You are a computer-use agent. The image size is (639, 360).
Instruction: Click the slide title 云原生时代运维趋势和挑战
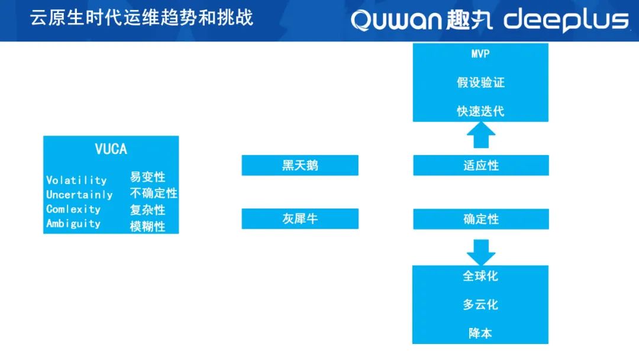pos(141,18)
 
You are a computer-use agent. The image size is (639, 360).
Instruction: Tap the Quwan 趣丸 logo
pos(422,20)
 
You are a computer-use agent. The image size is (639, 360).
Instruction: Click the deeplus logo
pos(566,20)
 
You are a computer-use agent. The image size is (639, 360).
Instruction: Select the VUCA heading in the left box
pos(111,149)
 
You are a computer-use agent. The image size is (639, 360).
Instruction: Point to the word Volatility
pos(76,180)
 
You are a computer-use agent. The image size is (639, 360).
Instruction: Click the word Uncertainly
pos(79,194)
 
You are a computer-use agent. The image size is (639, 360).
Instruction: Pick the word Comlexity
pos(73,209)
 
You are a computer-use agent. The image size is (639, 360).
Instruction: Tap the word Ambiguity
pos(73,223)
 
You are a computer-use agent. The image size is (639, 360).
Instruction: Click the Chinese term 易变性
pos(147,177)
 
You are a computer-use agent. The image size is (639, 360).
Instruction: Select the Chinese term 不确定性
pos(154,193)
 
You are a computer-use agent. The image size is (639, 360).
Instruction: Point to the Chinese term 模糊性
pos(147,226)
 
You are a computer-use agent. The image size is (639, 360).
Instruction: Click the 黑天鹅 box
pos(300,165)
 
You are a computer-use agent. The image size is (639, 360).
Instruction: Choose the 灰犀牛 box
pos(300,218)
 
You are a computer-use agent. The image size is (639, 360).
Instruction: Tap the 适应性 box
pos(481,165)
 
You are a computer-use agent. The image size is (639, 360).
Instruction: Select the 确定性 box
pos(481,219)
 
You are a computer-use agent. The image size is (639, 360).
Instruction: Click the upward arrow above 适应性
pos(481,135)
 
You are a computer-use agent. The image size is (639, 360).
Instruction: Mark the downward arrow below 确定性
pos(481,252)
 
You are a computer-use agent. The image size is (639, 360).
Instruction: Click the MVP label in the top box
pos(480,54)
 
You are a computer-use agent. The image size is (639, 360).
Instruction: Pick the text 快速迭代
pos(480,111)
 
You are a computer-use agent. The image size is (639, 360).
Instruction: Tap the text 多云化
pos(480,304)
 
